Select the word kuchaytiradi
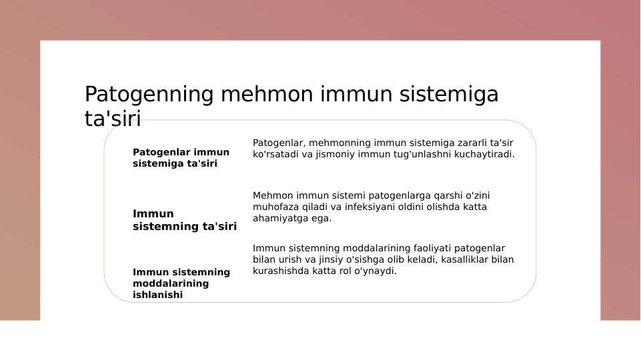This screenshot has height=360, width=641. tap(485, 154)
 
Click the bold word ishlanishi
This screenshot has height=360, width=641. tap(157, 295)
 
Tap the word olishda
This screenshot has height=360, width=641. tap(436, 207)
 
